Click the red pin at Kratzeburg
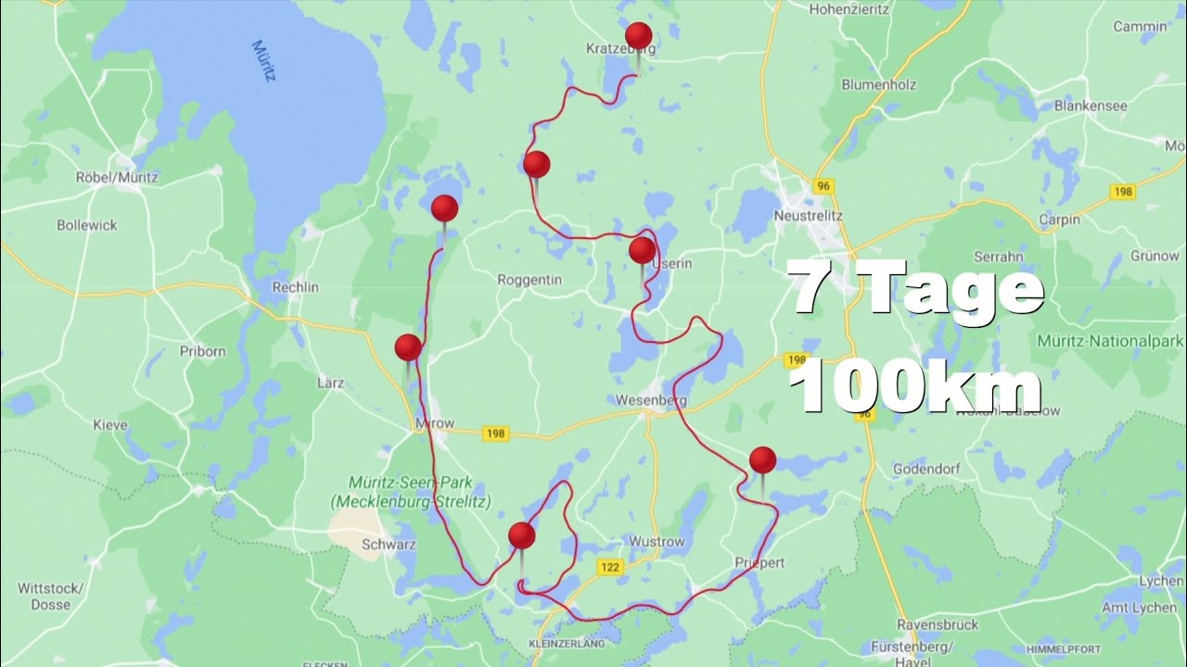[638, 36]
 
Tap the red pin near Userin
[642, 250]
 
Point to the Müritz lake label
[263, 61]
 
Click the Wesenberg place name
[651, 401]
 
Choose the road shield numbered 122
[609, 567]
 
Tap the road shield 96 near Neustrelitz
[823, 186]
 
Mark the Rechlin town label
[295, 287]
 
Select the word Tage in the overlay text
[955, 289]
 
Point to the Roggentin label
[530, 279]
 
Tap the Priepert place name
[759, 562]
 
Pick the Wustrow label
[657, 542]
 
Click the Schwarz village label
[388, 545]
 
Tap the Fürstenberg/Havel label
[937, 650]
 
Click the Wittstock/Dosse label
[50, 597]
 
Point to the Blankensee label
[1091, 106]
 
